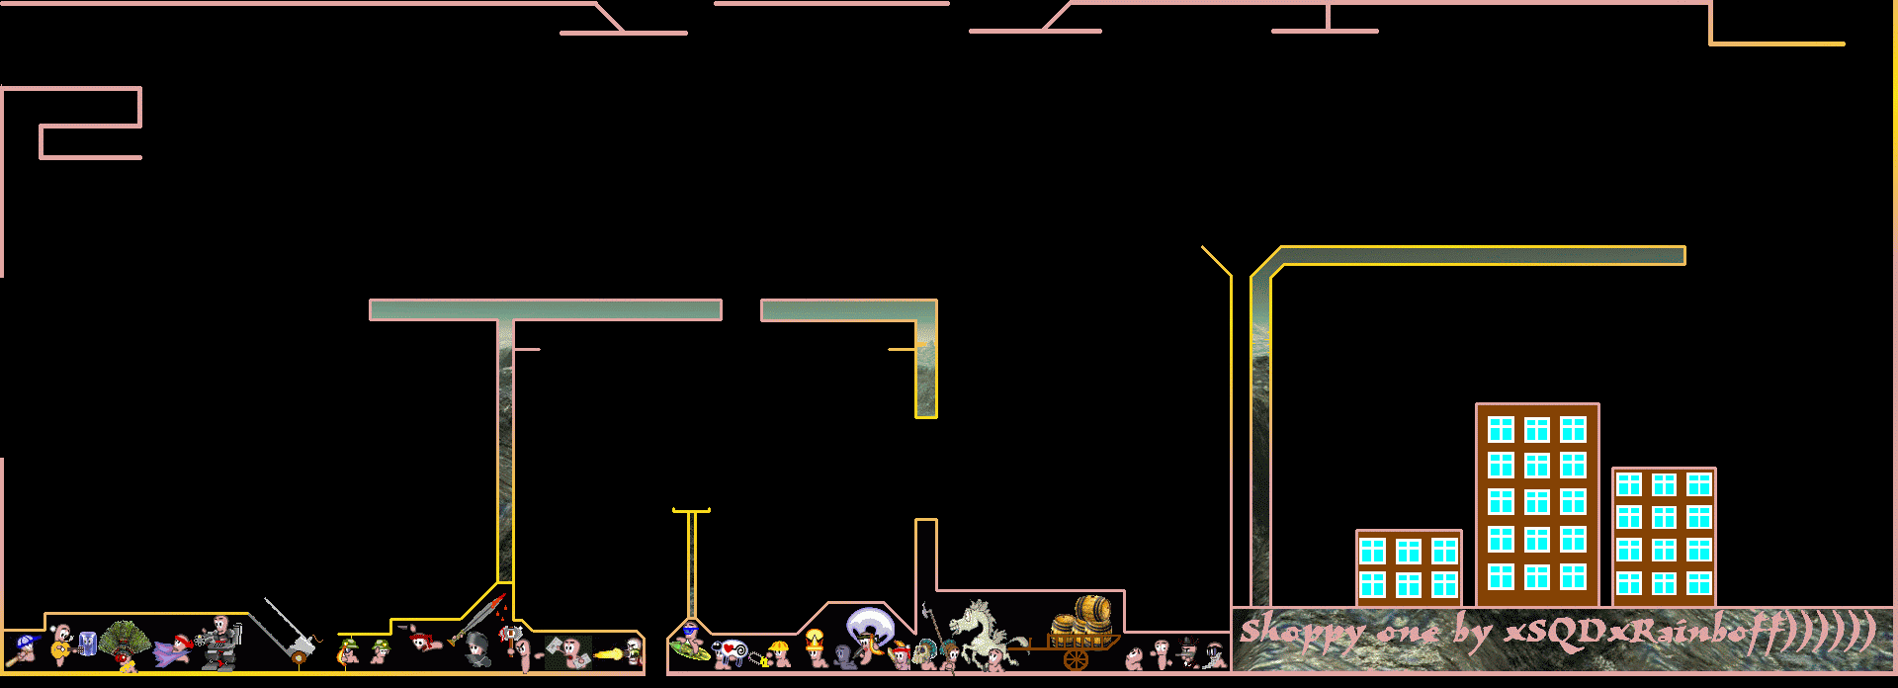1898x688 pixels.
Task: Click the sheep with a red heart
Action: point(731,650)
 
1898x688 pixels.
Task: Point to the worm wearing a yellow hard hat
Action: point(780,652)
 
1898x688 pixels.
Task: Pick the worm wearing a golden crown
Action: point(815,645)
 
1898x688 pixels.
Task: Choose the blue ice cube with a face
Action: point(87,644)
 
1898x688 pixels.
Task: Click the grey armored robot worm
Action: point(220,642)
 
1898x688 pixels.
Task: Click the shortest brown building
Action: point(1408,567)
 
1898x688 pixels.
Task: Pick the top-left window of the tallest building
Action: point(1501,429)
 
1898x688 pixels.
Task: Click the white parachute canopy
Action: point(868,625)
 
